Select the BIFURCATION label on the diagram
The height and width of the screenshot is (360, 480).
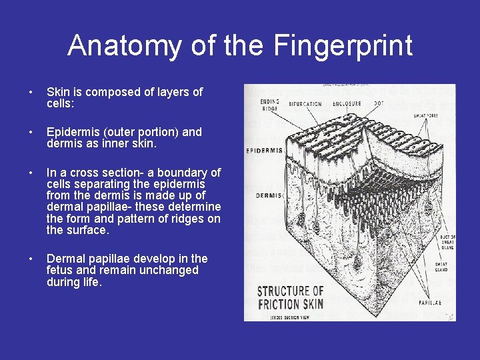305,104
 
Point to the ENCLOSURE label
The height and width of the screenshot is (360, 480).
347,103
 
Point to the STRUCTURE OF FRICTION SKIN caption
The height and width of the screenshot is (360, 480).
291,298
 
